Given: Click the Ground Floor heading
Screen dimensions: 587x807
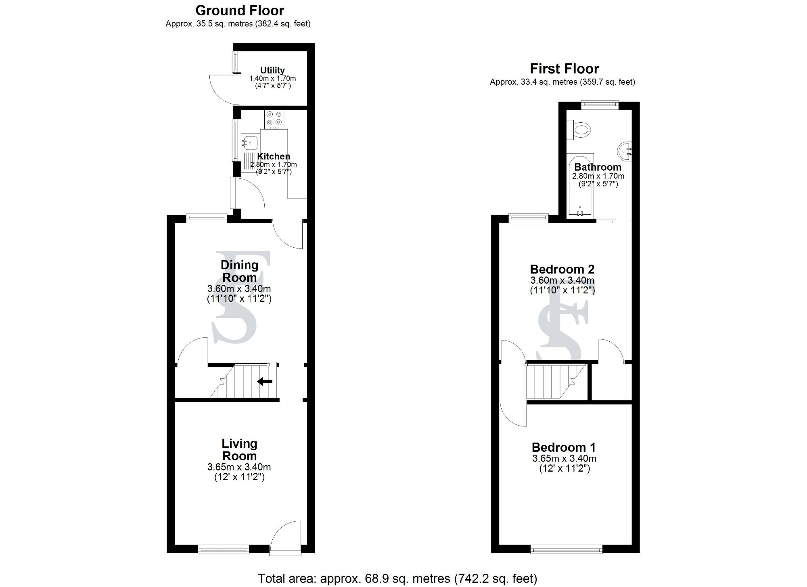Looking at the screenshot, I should (240, 10).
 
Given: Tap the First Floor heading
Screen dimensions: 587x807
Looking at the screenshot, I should (564, 69).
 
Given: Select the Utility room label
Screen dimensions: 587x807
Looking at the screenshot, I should (272, 70).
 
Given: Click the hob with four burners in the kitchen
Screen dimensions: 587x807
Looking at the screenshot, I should (274, 119).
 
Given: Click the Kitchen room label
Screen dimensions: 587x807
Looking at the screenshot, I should (274, 157).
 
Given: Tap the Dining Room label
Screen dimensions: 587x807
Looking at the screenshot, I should (239, 271).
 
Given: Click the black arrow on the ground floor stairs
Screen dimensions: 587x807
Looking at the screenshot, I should (265, 381).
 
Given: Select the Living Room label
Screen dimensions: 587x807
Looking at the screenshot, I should (239, 449).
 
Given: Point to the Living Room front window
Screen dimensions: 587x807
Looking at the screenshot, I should (224, 549).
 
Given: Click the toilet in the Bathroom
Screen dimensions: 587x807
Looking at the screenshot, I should (579, 130).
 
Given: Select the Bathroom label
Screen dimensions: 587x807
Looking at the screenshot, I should (598, 167).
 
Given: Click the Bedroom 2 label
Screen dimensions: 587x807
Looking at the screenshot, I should (562, 269).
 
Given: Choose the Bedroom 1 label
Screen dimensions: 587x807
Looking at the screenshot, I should (563, 447).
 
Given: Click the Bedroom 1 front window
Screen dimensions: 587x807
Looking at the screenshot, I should (567, 549).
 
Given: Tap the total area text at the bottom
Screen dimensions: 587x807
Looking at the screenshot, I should (397, 579).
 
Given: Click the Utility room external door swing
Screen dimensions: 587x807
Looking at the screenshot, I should (222, 88).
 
